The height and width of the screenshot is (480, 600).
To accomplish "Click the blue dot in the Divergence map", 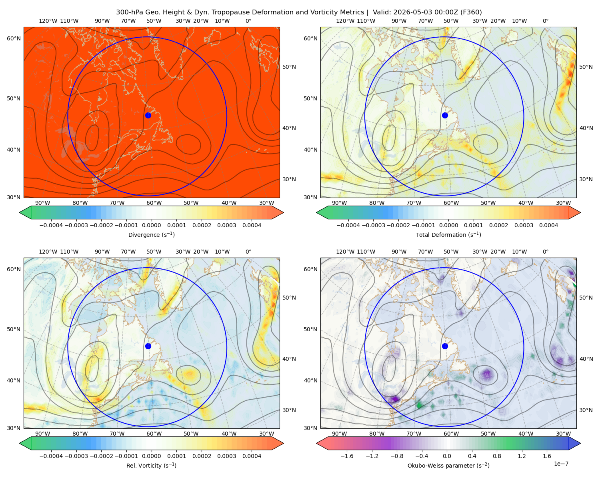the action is tap(148, 115).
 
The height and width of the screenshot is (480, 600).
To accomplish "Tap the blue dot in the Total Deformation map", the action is tap(445, 115).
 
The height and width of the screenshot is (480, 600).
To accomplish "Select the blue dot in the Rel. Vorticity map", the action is tap(148, 346).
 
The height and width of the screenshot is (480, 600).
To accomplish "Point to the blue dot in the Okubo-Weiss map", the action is tap(445, 346).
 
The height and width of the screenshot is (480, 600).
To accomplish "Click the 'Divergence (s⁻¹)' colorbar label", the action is tap(151, 234).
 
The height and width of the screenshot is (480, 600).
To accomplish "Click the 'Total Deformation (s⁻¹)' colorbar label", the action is tap(448, 234).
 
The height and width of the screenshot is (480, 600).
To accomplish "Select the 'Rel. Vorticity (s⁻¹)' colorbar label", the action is tap(151, 465).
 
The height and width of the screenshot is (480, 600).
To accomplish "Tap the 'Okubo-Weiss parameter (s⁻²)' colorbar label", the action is tap(448, 465).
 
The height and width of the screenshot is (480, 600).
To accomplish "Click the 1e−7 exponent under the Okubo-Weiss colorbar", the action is tap(561, 464).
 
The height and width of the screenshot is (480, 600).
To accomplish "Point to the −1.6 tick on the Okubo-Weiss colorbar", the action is tap(347, 456).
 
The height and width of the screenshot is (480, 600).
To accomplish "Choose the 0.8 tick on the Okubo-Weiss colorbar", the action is tap(497, 456).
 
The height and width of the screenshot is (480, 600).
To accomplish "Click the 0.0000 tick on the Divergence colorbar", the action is tap(151, 225).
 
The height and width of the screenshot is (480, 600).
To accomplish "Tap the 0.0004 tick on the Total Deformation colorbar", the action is tap(548, 225).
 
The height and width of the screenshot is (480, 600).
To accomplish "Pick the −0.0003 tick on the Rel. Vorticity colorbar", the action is tap(76, 456).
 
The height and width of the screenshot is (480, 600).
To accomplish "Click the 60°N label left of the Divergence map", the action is tap(14, 38).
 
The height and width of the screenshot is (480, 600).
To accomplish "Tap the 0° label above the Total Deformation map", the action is tap(545, 21).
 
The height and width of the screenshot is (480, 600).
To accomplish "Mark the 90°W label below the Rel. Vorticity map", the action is tap(43, 434).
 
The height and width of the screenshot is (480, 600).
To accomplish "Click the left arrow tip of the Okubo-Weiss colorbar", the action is tap(316, 443).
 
